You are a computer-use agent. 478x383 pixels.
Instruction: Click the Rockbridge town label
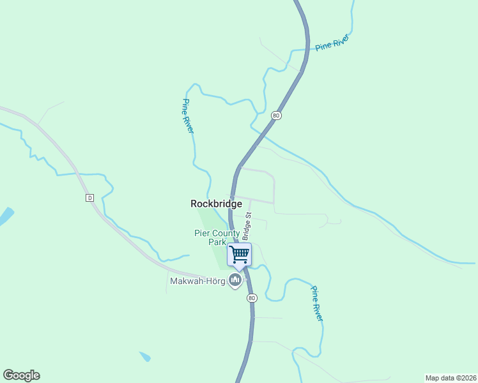pyautogui.click(x=216, y=204)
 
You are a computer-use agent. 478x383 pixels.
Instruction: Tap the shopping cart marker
pyautogui.click(x=239, y=254)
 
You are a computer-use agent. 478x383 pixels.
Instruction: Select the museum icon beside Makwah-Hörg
pyautogui.click(x=235, y=280)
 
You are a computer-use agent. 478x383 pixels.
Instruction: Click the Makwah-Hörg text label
pyautogui.click(x=197, y=281)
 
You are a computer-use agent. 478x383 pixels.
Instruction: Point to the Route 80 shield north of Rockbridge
pyautogui.click(x=275, y=115)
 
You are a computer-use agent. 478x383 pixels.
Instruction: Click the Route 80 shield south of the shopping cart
pyautogui.click(x=252, y=298)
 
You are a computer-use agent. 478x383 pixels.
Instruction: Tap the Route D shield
pyautogui.click(x=89, y=198)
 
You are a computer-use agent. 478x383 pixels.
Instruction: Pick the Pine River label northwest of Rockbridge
pyautogui.click(x=188, y=116)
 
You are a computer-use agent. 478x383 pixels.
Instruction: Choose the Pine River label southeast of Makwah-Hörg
pyautogui.click(x=316, y=303)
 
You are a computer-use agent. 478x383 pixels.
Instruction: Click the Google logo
pyautogui.click(x=21, y=375)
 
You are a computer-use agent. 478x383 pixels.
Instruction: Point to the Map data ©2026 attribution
pyautogui.click(x=451, y=377)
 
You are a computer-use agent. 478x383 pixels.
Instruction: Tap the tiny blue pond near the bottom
pyautogui.click(x=145, y=357)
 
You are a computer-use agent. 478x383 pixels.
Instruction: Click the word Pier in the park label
pyautogui.click(x=203, y=233)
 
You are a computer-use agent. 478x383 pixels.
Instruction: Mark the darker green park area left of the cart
pyautogui.click(x=220, y=255)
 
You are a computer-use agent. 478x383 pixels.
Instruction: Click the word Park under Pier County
pyautogui.click(x=217, y=242)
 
